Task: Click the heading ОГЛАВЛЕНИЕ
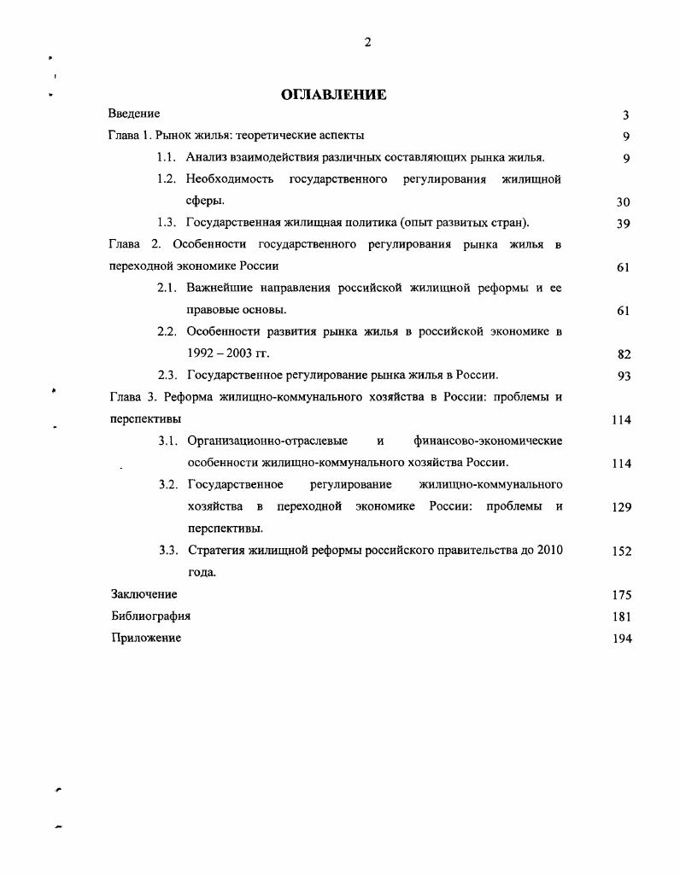(x=334, y=95)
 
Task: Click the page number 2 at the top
(x=367, y=43)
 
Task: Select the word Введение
(x=134, y=114)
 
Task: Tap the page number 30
(x=623, y=202)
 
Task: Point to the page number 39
(x=623, y=224)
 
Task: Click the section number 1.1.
(x=167, y=157)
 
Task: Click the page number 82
(x=623, y=353)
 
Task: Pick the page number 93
(x=623, y=376)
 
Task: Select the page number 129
(x=621, y=507)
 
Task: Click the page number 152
(x=621, y=552)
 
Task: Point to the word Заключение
(x=144, y=594)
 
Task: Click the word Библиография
(x=151, y=616)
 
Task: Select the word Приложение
(x=146, y=638)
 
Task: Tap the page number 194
(x=621, y=639)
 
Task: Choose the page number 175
(x=621, y=595)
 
